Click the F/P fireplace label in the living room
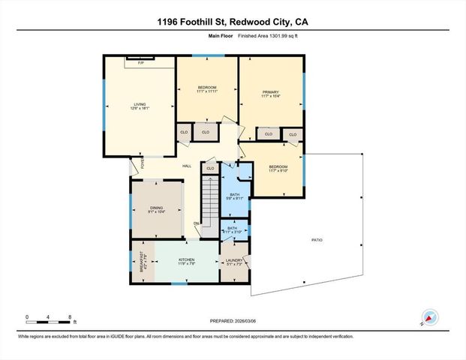tap(140, 63)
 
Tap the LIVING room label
tap(140, 105)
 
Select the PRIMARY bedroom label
tap(270, 93)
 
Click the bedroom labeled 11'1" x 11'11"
tap(207, 88)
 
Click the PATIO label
tap(317, 240)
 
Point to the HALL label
tap(187, 166)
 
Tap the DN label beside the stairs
tap(197, 223)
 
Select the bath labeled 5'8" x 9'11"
tap(234, 196)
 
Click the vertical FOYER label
tap(134, 166)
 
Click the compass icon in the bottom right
tap(430, 316)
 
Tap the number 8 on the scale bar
tap(70, 317)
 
